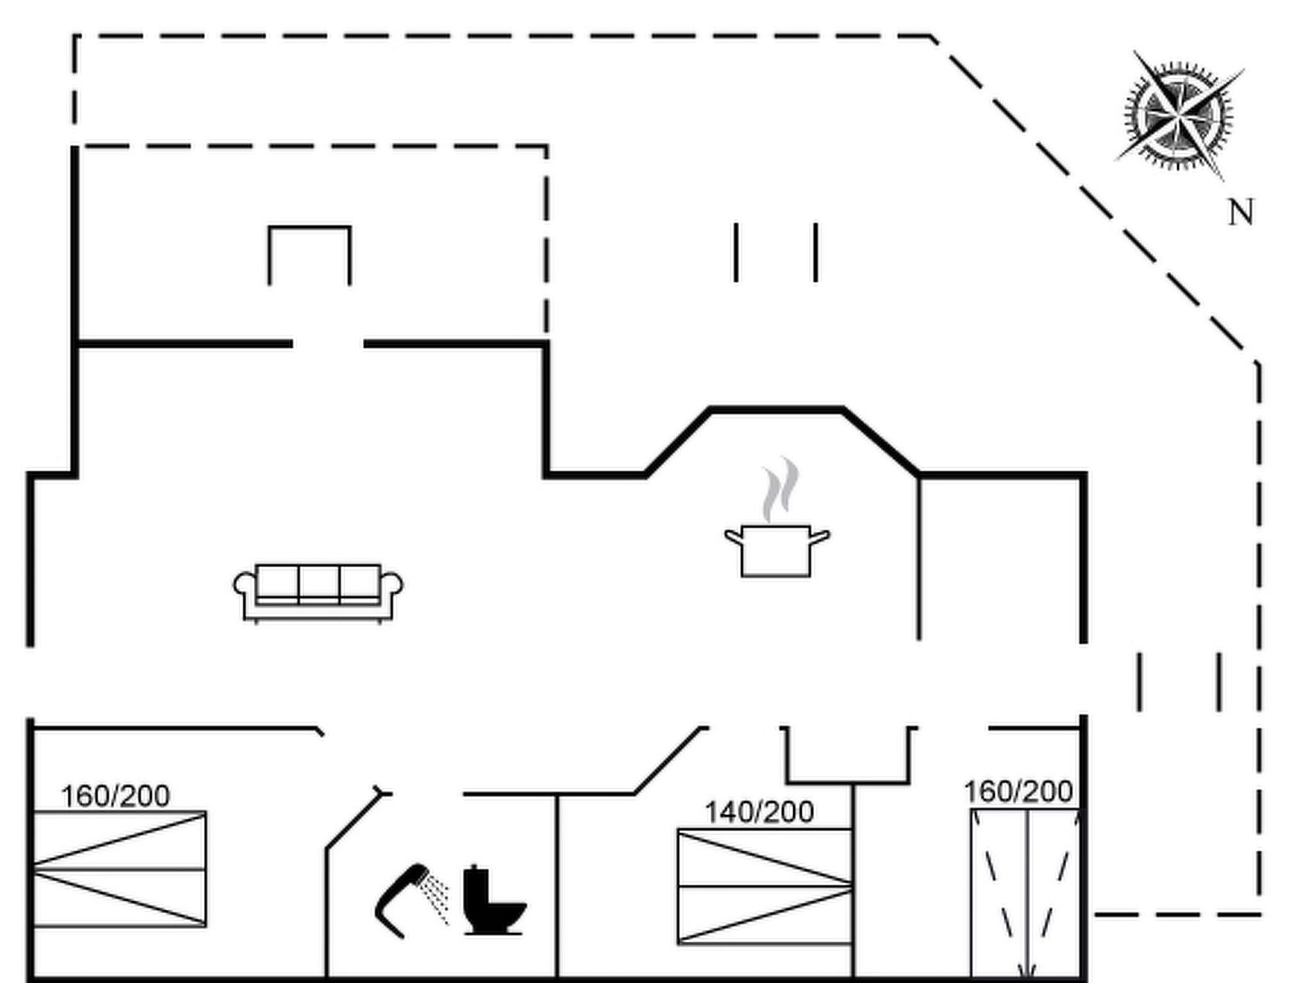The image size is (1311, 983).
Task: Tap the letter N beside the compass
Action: [x=1241, y=213]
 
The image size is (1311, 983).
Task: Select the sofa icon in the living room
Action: [x=318, y=591]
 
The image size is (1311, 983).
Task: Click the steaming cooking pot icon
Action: [x=776, y=550]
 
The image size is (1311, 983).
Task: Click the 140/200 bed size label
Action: [x=760, y=812]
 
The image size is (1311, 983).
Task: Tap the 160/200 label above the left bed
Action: [x=116, y=795]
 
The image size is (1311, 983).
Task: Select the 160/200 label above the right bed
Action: [x=1018, y=791]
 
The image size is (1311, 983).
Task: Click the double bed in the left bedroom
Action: [x=120, y=868]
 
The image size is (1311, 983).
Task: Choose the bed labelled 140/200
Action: [x=764, y=886]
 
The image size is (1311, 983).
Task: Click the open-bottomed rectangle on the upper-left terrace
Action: [x=310, y=254]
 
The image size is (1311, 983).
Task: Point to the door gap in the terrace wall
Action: [x=328, y=345]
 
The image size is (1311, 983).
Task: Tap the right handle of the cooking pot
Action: [x=819, y=537]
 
